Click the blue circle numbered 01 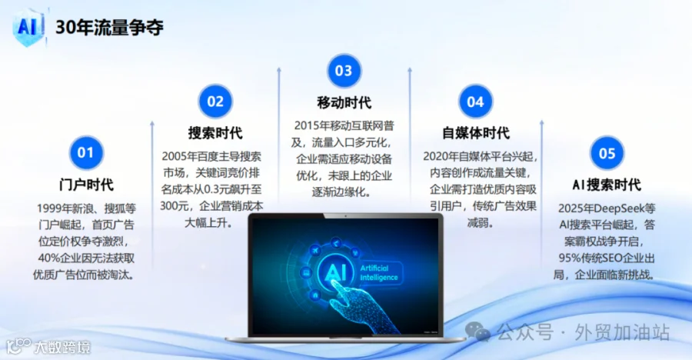pos(86,153)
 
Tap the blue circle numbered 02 pos(215,102)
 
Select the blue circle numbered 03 pos(344,71)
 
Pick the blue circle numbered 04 pos(475,102)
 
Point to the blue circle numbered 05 pos(607,153)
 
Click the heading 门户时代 pos(86,185)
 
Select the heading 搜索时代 pos(215,133)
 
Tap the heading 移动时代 pos(344,102)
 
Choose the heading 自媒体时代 pos(476,133)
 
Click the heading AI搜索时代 pos(607,185)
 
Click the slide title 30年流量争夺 pos(109,28)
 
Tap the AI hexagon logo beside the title pos(28,27)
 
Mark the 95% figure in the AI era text pos(569,258)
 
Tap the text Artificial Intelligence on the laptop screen pos(379,272)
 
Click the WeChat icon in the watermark pos(477,332)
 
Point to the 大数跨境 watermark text pos(62,347)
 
